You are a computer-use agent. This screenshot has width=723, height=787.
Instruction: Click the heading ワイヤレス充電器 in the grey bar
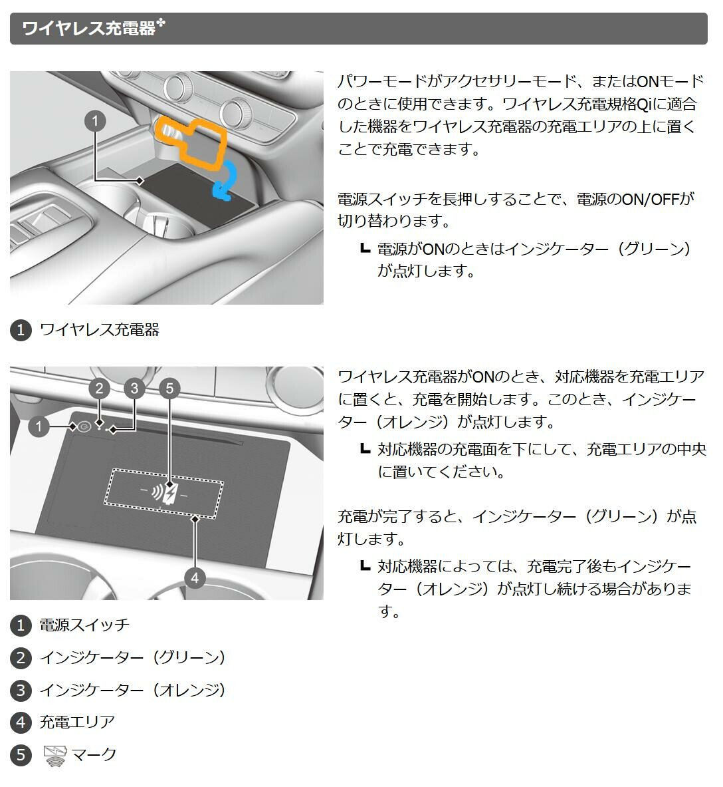(89, 28)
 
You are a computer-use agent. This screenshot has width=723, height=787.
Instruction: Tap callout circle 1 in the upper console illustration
(95, 122)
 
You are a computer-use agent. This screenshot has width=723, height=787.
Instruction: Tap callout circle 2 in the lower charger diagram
(99, 389)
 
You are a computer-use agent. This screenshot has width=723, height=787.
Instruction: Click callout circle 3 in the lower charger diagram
(134, 389)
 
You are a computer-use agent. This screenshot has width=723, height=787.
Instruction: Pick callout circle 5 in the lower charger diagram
(169, 389)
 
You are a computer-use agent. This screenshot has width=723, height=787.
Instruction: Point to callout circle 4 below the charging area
(195, 578)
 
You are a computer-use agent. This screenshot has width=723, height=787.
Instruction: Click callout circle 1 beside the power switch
(39, 427)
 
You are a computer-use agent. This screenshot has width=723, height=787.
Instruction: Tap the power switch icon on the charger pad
(84, 427)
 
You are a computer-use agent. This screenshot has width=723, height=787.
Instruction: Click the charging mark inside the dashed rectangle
(165, 494)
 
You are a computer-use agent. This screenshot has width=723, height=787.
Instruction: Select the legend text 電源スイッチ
(85, 625)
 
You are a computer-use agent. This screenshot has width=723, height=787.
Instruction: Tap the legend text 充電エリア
(77, 722)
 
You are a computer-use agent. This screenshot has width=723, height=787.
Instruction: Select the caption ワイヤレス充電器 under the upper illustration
(99, 330)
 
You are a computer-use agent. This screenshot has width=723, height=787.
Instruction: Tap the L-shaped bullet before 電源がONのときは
(365, 248)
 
